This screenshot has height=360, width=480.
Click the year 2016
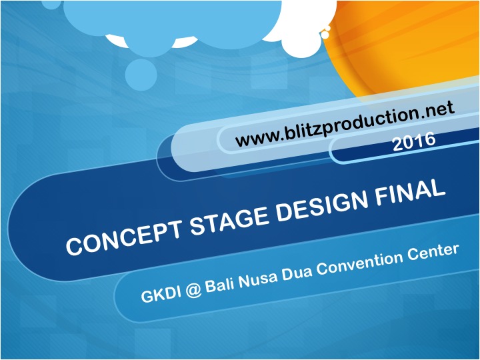click(414, 141)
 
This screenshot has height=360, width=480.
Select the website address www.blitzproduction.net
click(345, 124)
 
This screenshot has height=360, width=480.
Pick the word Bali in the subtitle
click(220, 284)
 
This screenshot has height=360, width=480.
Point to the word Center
click(433, 251)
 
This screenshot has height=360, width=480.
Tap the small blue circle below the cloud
click(141, 75)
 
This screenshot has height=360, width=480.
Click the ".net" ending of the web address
click(435, 110)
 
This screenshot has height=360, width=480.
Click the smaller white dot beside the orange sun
click(328, 28)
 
